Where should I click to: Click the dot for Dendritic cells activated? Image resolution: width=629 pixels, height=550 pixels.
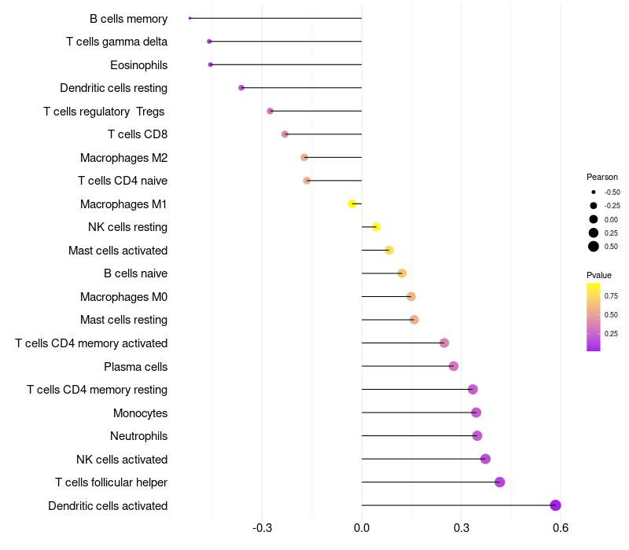point(555,505)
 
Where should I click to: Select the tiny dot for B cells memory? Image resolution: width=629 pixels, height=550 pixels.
point(190,18)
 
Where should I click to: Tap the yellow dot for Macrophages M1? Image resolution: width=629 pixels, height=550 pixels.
point(352,203)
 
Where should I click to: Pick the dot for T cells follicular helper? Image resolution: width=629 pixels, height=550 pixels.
point(499,482)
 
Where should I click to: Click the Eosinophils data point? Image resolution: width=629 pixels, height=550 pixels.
point(210,64)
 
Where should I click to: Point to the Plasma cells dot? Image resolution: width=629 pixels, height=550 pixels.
point(454,366)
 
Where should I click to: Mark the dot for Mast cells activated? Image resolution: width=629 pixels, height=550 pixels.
point(389,250)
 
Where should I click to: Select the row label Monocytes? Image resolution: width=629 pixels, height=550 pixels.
point(140,412)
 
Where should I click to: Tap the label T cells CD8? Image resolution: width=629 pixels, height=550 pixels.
point(138,134)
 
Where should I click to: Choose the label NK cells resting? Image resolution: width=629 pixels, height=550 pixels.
point(127,227)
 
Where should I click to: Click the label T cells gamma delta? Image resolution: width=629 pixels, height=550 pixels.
point(116,42)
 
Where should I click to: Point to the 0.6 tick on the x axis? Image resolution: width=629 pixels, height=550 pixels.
point(561,527)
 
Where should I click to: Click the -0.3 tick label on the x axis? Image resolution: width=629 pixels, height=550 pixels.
point(263,527)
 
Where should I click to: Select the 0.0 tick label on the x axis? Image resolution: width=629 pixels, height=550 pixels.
point(362,527)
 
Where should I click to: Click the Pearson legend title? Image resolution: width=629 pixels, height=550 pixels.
point(602,177)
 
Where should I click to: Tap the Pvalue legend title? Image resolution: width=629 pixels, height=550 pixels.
point(599,275)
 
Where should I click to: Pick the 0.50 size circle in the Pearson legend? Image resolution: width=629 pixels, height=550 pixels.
point(594,246)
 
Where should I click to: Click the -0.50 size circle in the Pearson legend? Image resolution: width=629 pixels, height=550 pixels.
point(594,192)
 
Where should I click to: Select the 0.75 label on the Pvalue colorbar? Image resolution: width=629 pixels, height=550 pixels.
point(611,295)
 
